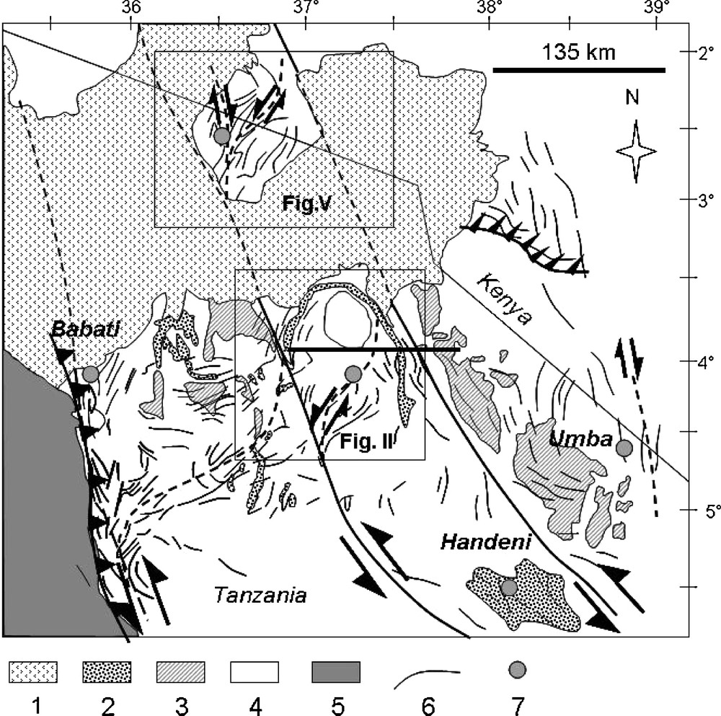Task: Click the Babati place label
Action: point(85,329)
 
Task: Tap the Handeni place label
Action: point(485,542)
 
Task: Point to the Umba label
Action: point(580,439)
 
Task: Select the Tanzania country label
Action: point(260,595)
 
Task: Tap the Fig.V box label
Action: point(306,203)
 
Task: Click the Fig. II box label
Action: point(366,441)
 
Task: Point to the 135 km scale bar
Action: point(579,70)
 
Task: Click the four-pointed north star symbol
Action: point(636,151)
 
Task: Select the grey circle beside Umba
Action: point(624,448)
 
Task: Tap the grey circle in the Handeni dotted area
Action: point(508,587)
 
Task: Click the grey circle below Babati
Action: point(91,374)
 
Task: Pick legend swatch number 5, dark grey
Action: point(336,672)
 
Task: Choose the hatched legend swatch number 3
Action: point(181,672)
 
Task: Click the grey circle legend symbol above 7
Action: point(518,669)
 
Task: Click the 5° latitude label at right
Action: point(711,511)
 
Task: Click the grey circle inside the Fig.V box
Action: point(221,136)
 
